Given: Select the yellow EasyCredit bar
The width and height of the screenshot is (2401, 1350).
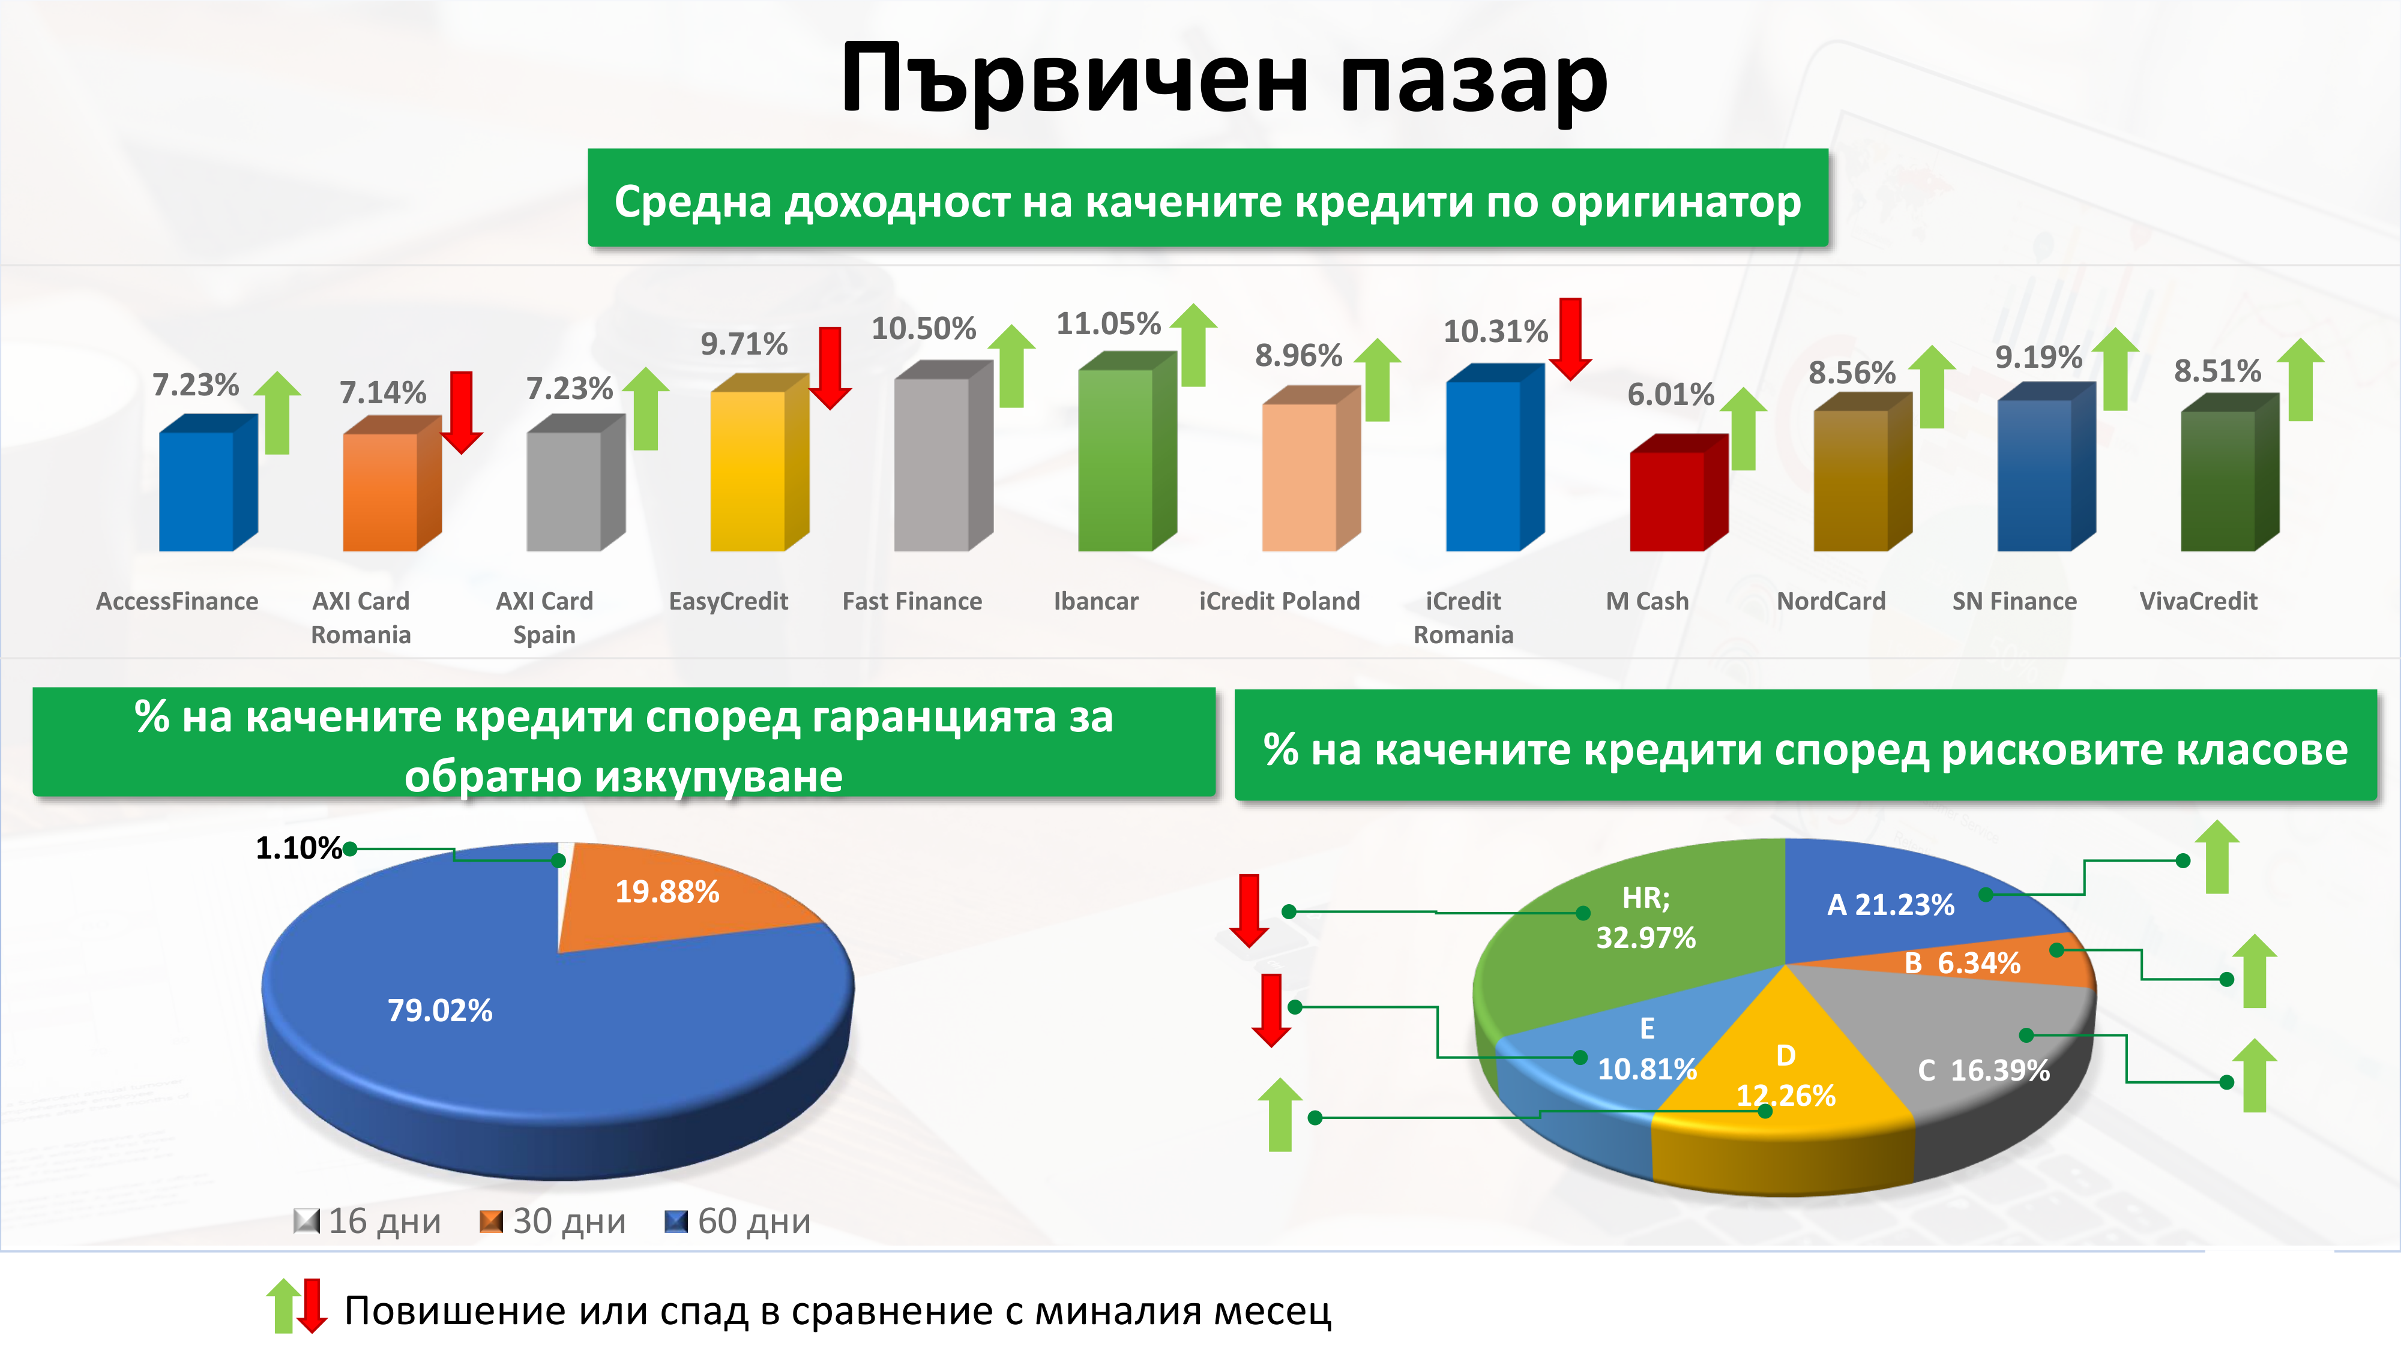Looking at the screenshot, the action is tap(759, 463).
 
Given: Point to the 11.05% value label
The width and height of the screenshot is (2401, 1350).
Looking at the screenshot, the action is tap(1108, 323).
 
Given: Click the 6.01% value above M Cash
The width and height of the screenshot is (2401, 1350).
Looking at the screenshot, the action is tap(1670, 394).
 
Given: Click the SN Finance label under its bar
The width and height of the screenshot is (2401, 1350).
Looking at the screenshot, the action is tap(2014, 601).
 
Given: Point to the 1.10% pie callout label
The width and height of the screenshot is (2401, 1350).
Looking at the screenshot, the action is tap(298, 848).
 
